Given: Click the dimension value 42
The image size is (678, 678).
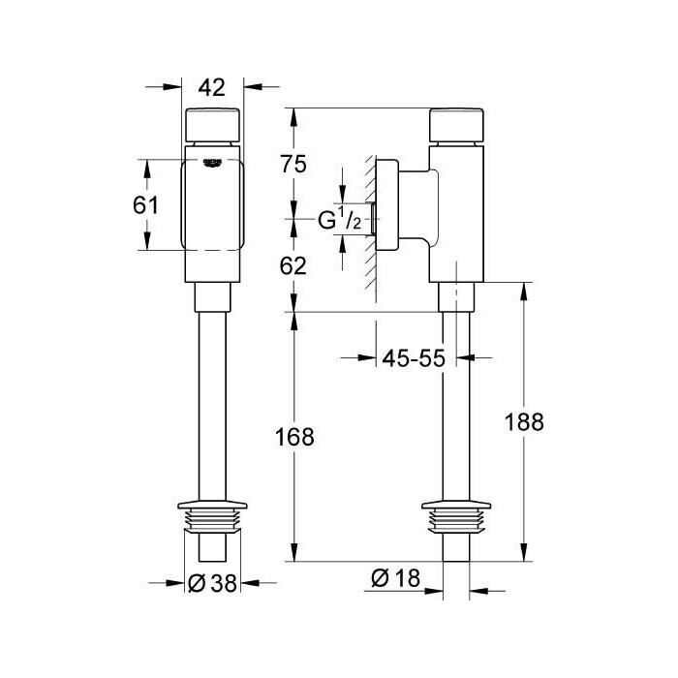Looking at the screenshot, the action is (212, 88).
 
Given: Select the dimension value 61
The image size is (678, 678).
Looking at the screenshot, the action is (145, 205).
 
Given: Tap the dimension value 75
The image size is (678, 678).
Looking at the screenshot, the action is (293, 165).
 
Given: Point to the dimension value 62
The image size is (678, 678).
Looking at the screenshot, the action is (293, 266).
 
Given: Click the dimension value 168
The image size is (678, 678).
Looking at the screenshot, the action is (294, 437).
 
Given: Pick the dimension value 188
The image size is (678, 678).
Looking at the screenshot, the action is (524, 422).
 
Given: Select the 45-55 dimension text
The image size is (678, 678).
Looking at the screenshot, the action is (414, 358).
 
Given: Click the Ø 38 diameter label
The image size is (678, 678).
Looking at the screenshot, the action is (213, 583).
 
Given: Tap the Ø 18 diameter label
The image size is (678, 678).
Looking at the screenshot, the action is (395, 578).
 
